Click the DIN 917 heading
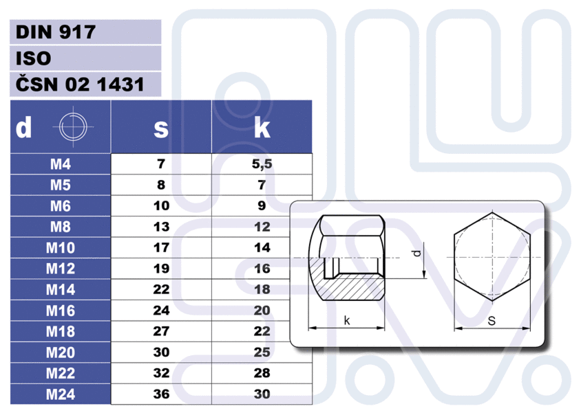coord(56,32)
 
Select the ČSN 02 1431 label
coord(80,84)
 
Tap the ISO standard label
coord(33,58)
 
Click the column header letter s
coord(161,129)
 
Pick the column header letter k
coord(262,128)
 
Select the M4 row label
coord(61,164)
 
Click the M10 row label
coord(61,248)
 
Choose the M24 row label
coord(61,394)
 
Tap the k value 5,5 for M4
coord(262,164)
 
